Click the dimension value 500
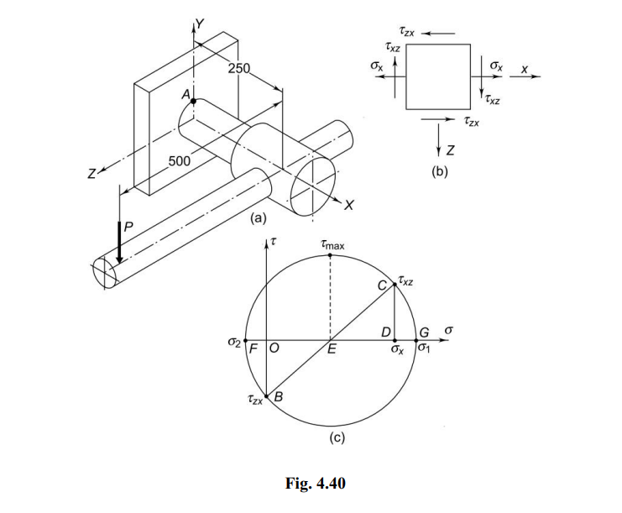tap(180, 160)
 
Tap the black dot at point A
tap(193, 101)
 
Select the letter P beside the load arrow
tap(128, 227)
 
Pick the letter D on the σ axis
tap(386, 332)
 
